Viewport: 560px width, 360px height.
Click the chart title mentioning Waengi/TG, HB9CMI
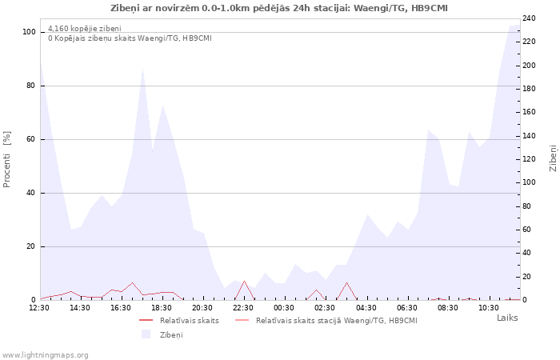(x=279, y=8)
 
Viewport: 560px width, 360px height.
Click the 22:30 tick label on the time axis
(x=243, y=308)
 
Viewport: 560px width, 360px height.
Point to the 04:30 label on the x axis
(x=366, y=308)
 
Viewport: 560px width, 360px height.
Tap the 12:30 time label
(x=39, y=308)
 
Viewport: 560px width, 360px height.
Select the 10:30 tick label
(x=489, y=308)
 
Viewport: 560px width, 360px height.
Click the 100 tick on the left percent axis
(x=29, y=32)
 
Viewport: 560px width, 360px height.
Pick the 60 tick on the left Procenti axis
(x=31, y=139)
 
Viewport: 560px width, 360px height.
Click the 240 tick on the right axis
(x=529, y=18)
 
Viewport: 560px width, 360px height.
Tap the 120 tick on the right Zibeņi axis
(x=529, y=159)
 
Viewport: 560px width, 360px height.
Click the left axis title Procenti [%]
(x=6, y=159)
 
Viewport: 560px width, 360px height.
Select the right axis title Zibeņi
(x=553, y=158)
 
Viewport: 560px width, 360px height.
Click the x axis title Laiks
(x=507, y=318)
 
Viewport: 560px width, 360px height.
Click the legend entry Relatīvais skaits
(x=190, y=321)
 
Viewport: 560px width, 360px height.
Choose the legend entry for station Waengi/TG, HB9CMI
(x=337, y=321)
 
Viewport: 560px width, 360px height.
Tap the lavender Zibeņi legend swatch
(x=146, y=334)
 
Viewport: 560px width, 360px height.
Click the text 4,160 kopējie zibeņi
(x=85, y=29)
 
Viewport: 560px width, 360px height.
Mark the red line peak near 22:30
(x=244, y=281)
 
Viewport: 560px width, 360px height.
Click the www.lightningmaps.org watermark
(x=45, y=355)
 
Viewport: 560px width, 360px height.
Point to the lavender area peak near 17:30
(x=142, y=68)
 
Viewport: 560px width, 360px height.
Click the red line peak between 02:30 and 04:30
(x=346, y=282)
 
